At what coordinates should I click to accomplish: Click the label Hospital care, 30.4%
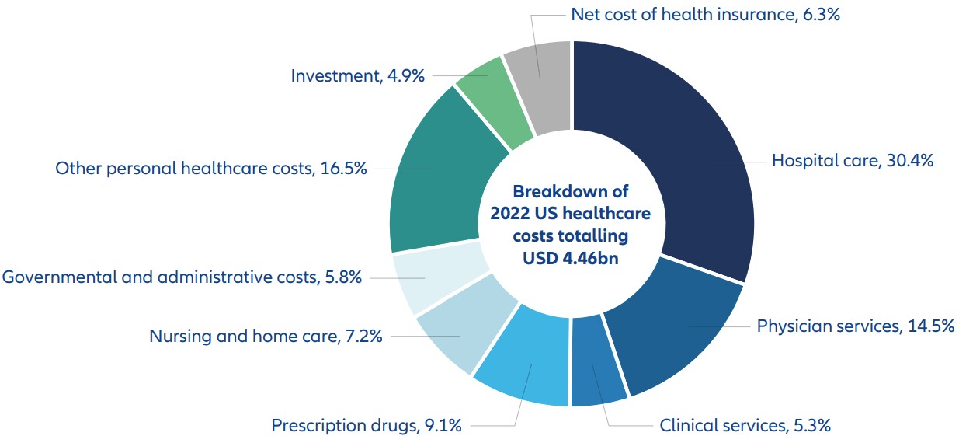click(x=852, y=161)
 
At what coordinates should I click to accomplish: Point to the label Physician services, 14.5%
click(x=855, y=326)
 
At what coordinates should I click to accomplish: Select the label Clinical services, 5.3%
click(x=745, y=425)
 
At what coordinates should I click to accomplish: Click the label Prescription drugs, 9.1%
click(x=367, y=425)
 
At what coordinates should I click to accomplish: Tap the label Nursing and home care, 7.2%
click(x=266, y=337)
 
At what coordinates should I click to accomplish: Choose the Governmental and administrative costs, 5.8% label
click(x=182, y=277)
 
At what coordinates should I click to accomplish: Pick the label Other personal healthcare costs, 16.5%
click(x=210, y=168)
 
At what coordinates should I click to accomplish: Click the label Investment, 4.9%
click(x=357, y=75)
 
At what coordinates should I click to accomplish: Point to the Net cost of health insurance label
click(x=705, y=14)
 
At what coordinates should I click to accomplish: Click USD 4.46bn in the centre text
click(x=571, y=258)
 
